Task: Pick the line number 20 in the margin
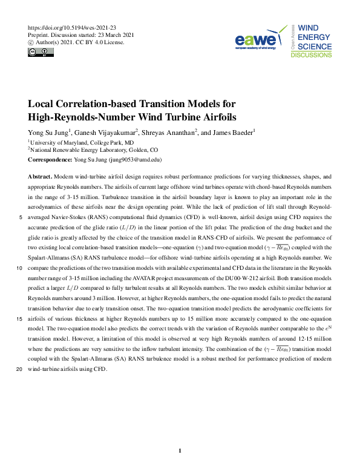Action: [x=20, y=369]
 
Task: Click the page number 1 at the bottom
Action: [x=180, y=451]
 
